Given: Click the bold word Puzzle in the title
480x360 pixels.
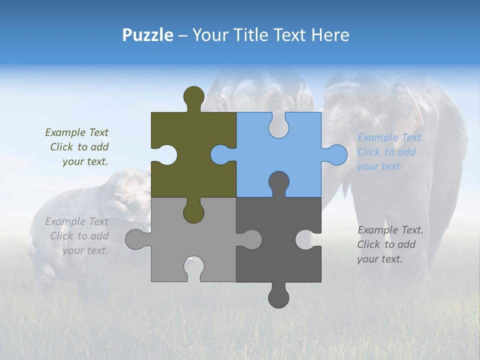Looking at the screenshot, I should pyautogui.click(x=147, y=35).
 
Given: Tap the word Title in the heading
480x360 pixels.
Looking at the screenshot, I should pyautogui.click(x=250, y=35).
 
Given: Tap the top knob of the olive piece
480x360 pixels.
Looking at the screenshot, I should pyautogui.click(x=194, y=96).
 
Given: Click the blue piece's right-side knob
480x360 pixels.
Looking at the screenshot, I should pyautogui.click(x=336, y=154).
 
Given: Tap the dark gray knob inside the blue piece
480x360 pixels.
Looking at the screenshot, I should pyautogui.click(x=278, y=182).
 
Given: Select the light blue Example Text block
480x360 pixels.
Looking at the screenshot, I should pyautogui.click(x=390, y=152).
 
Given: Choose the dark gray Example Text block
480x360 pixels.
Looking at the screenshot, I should pyautogui.click(x=390, y=244).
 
